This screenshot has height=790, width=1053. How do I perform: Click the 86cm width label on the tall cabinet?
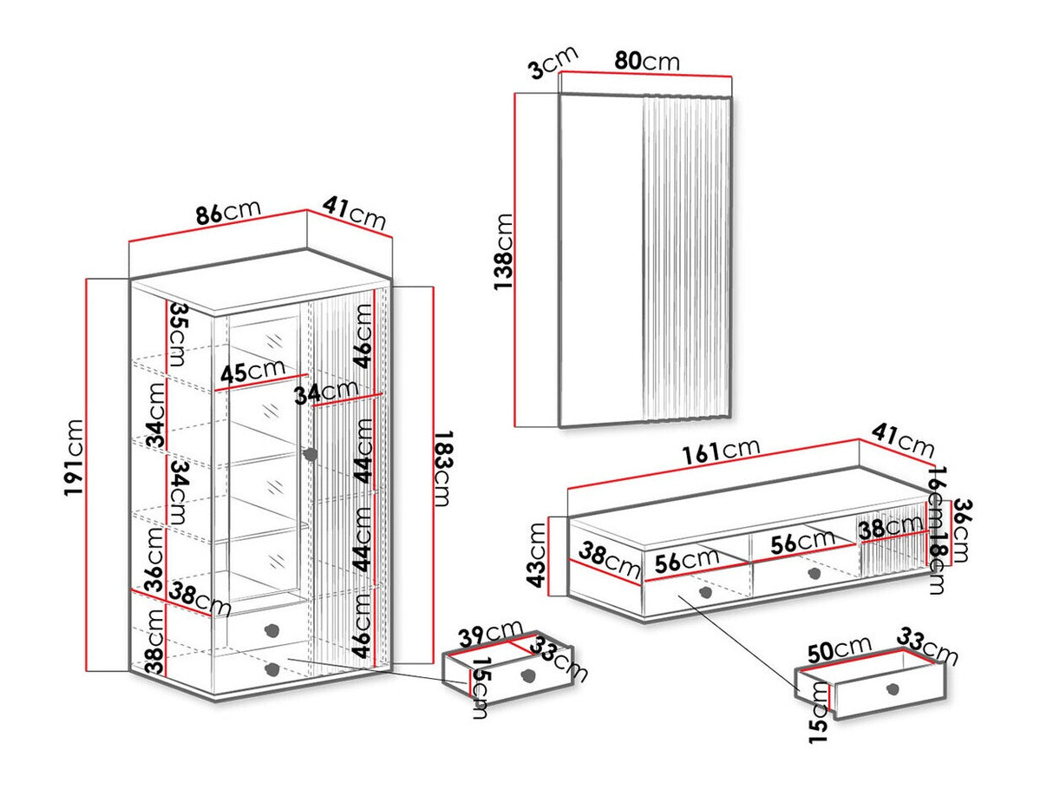227,213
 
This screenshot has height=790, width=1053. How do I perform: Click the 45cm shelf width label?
252,373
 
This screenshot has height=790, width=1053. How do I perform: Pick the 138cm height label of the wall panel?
503,253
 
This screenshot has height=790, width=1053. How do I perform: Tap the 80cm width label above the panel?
647,62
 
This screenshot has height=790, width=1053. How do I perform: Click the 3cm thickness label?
553,63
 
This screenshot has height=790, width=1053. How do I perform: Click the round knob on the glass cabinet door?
310,454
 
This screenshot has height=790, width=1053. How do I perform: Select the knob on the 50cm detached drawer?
892,689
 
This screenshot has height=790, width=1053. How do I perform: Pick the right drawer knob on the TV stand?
813,573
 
